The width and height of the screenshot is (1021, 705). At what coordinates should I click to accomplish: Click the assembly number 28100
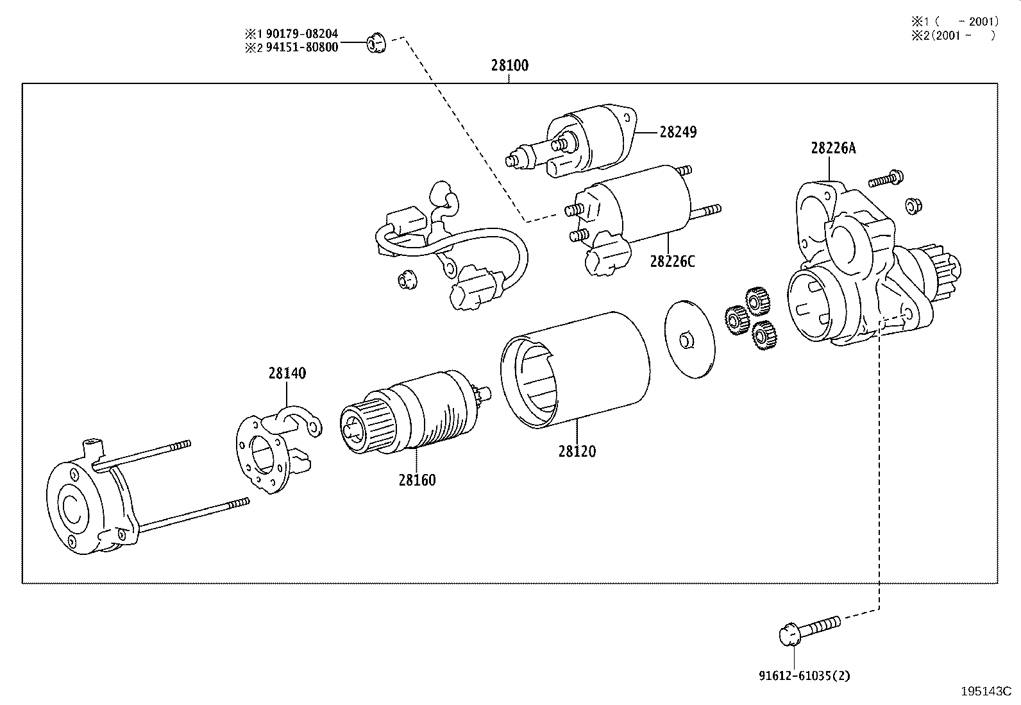tap(510, 65)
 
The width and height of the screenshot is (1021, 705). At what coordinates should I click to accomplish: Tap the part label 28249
tap(678, 132)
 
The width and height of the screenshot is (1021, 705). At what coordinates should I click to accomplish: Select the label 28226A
tap(833, 148)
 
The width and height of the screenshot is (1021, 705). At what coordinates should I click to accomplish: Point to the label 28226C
tap(671, 262)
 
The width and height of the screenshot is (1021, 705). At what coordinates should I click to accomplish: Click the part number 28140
tap(287, 373)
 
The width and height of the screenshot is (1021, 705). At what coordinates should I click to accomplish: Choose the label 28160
tap(417, 480)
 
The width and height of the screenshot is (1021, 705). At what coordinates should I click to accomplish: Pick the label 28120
tap(577, 451)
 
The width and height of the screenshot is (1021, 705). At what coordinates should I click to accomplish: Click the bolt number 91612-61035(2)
tap(804, 675)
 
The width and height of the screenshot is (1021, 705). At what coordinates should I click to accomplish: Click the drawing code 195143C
tap(985, 692)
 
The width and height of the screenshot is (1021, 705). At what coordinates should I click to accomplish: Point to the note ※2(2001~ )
tap(953, 36)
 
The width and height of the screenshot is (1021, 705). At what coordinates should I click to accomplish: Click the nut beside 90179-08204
tap(375, 43)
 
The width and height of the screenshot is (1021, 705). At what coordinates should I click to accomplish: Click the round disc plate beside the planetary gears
tap(689, 338)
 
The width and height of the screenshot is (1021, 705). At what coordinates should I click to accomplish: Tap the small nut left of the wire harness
tap(405, 280)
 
